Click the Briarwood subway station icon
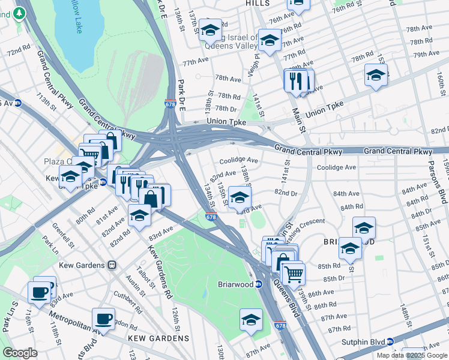259,284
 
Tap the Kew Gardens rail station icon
112,265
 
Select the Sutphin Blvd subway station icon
390,341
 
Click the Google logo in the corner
20,353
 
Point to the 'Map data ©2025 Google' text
412,355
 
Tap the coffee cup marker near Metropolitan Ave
103,319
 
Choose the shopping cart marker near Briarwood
293,274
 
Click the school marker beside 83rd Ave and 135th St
240,197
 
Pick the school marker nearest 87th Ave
251,320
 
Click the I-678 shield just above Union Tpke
170,104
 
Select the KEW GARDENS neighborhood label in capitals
158,338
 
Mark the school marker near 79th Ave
376,75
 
